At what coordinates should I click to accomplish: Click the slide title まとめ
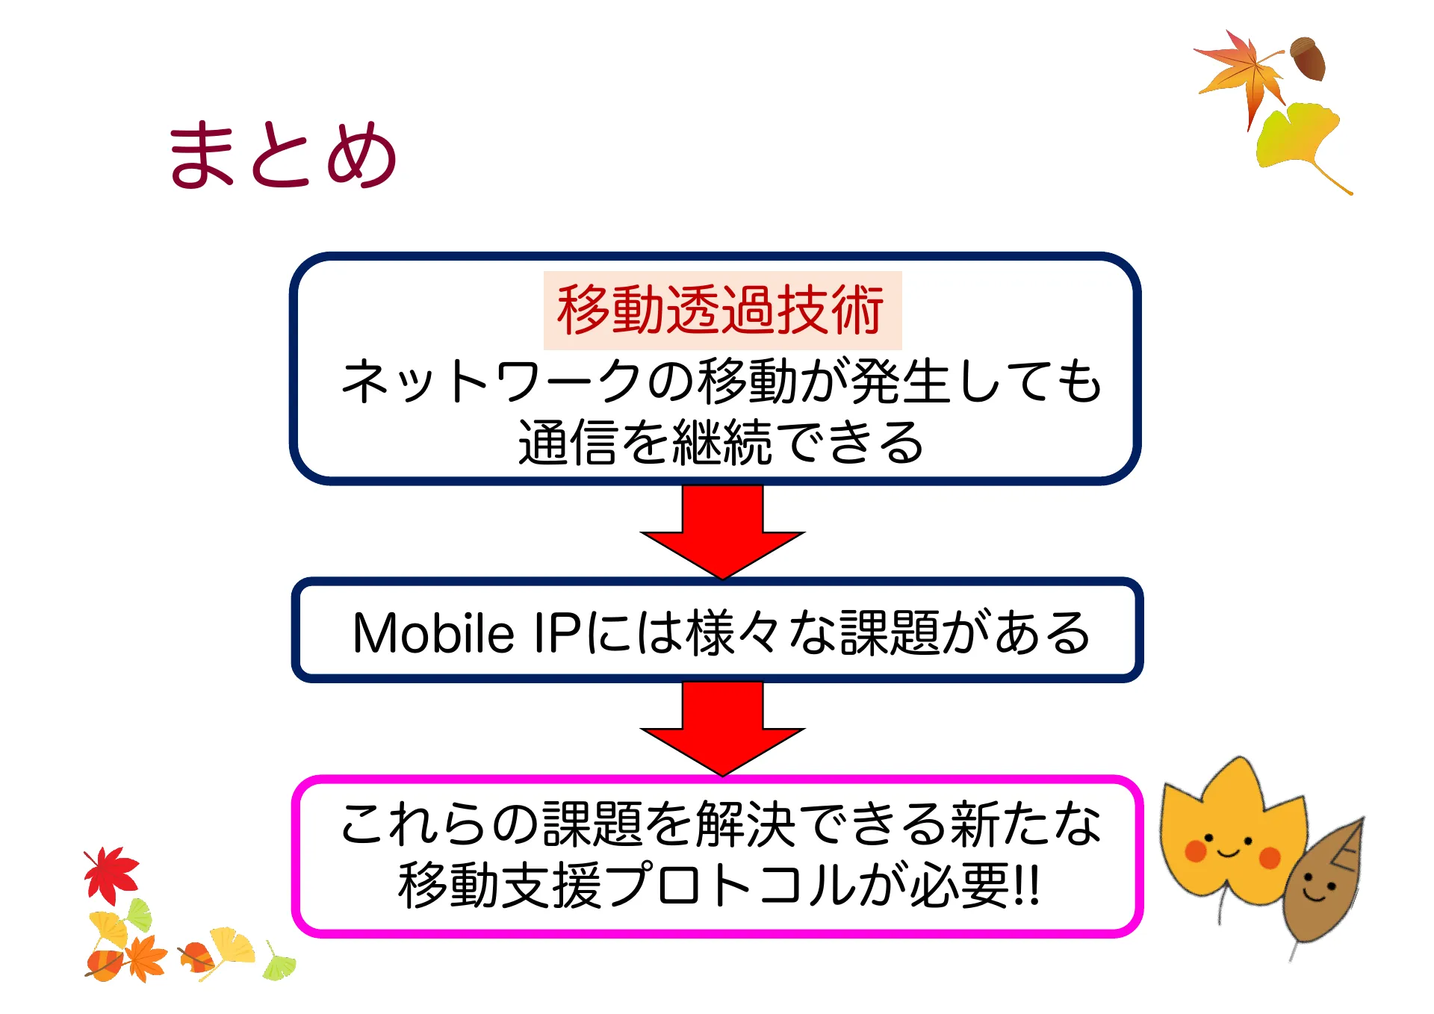coord(282,155)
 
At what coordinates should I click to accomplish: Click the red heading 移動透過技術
coord(721,310)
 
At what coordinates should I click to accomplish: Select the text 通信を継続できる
coord(720,443)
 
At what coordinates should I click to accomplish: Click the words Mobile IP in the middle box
coord(467,633)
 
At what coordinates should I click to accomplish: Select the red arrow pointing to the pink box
coord(722,729)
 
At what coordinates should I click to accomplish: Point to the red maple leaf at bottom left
coord(111,874)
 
